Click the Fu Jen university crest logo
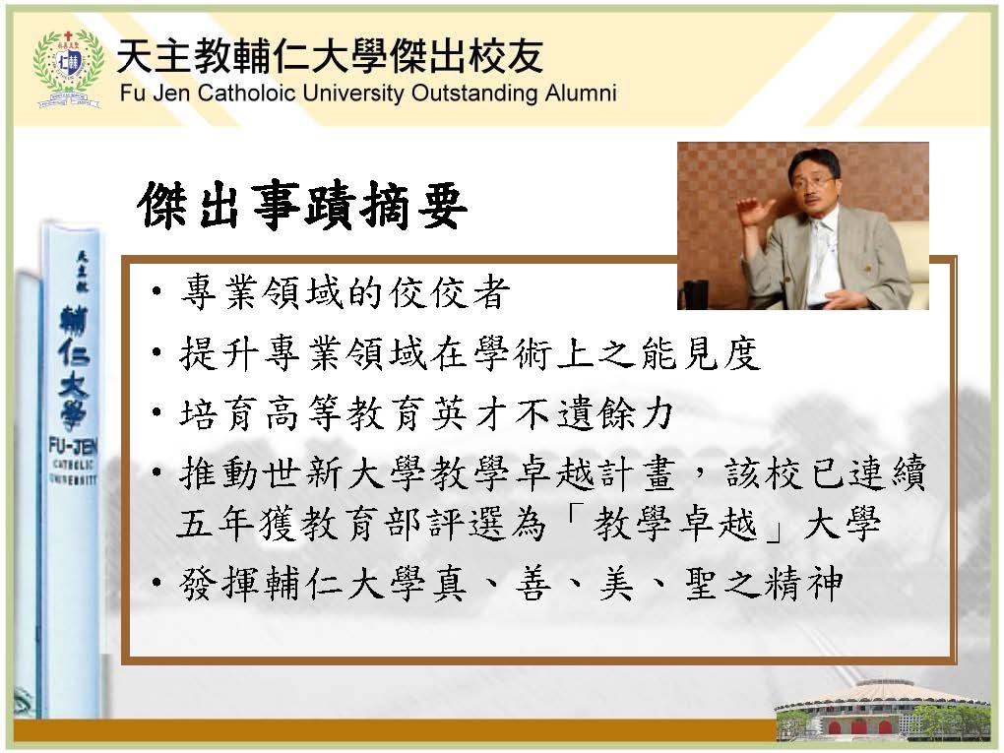click(68, 68)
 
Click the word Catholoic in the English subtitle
click(246, 93)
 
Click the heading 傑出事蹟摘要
click(301, 206)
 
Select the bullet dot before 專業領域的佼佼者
click(157, 293)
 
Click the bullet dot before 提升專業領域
click(157, 352)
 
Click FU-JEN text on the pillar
click(73, 446)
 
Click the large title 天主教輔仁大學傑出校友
click(331, 55)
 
